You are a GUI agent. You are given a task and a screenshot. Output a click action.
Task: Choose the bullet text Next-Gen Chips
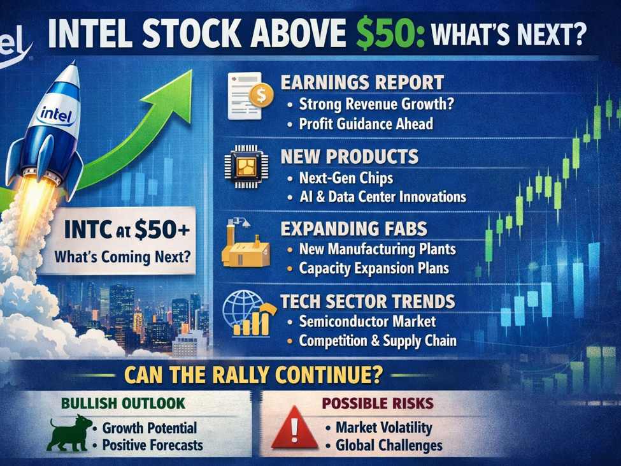pyautogui.click(x=346, y=178)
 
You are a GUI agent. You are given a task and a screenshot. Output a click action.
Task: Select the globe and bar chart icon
pyautogui.click(x=248, y=314)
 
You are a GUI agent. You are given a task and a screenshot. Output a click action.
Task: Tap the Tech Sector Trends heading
pyautogui.click(x=368, y=301)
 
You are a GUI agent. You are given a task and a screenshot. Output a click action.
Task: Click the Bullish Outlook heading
pyautogui.click(x=124, y=404)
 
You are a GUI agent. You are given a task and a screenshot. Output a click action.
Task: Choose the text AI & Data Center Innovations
pyautogui.click(x=382, y=197)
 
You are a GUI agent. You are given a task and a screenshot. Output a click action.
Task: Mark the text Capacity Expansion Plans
pyautogui.click(x=374, y=268)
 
